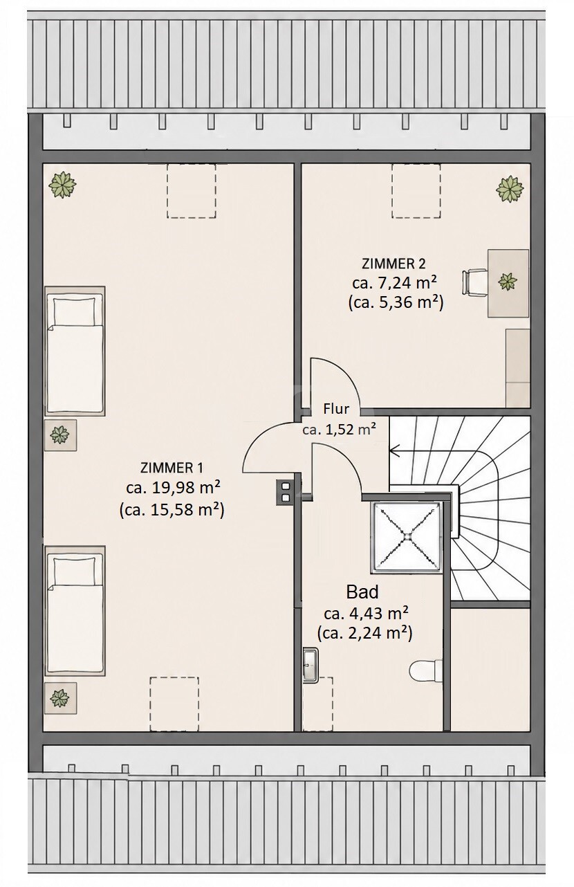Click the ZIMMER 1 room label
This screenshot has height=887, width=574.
(x=172, y=468)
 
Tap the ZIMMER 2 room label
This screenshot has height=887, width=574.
(x=394, y=264)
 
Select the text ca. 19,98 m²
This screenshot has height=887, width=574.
(x=173, y=488)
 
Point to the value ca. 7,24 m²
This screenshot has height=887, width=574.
(x=395, y=283)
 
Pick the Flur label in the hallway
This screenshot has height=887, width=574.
(x=336, y=409)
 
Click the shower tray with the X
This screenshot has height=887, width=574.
(x=407, y=536)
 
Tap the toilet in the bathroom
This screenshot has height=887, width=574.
(x=425, y=671)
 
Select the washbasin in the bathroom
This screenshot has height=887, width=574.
(x=311, y=665)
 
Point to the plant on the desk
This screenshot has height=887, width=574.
(x=507, y=282)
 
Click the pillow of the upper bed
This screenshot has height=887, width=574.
(x=75, y=311)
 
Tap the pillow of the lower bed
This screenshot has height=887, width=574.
(x=75, y=571)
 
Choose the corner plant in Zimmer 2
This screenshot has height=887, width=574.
(x=510, y=189)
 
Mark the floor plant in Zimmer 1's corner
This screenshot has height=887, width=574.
(x=62, y=185)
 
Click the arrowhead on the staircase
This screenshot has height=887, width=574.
(x=394, y=450)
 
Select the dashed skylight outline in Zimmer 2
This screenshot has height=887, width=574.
(x=416, y=190)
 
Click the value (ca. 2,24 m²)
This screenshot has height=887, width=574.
(x=365, y=633)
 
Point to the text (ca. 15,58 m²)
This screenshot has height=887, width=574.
(x=172, y=510)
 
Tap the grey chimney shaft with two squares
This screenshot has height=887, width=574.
(x=285, y=491)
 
